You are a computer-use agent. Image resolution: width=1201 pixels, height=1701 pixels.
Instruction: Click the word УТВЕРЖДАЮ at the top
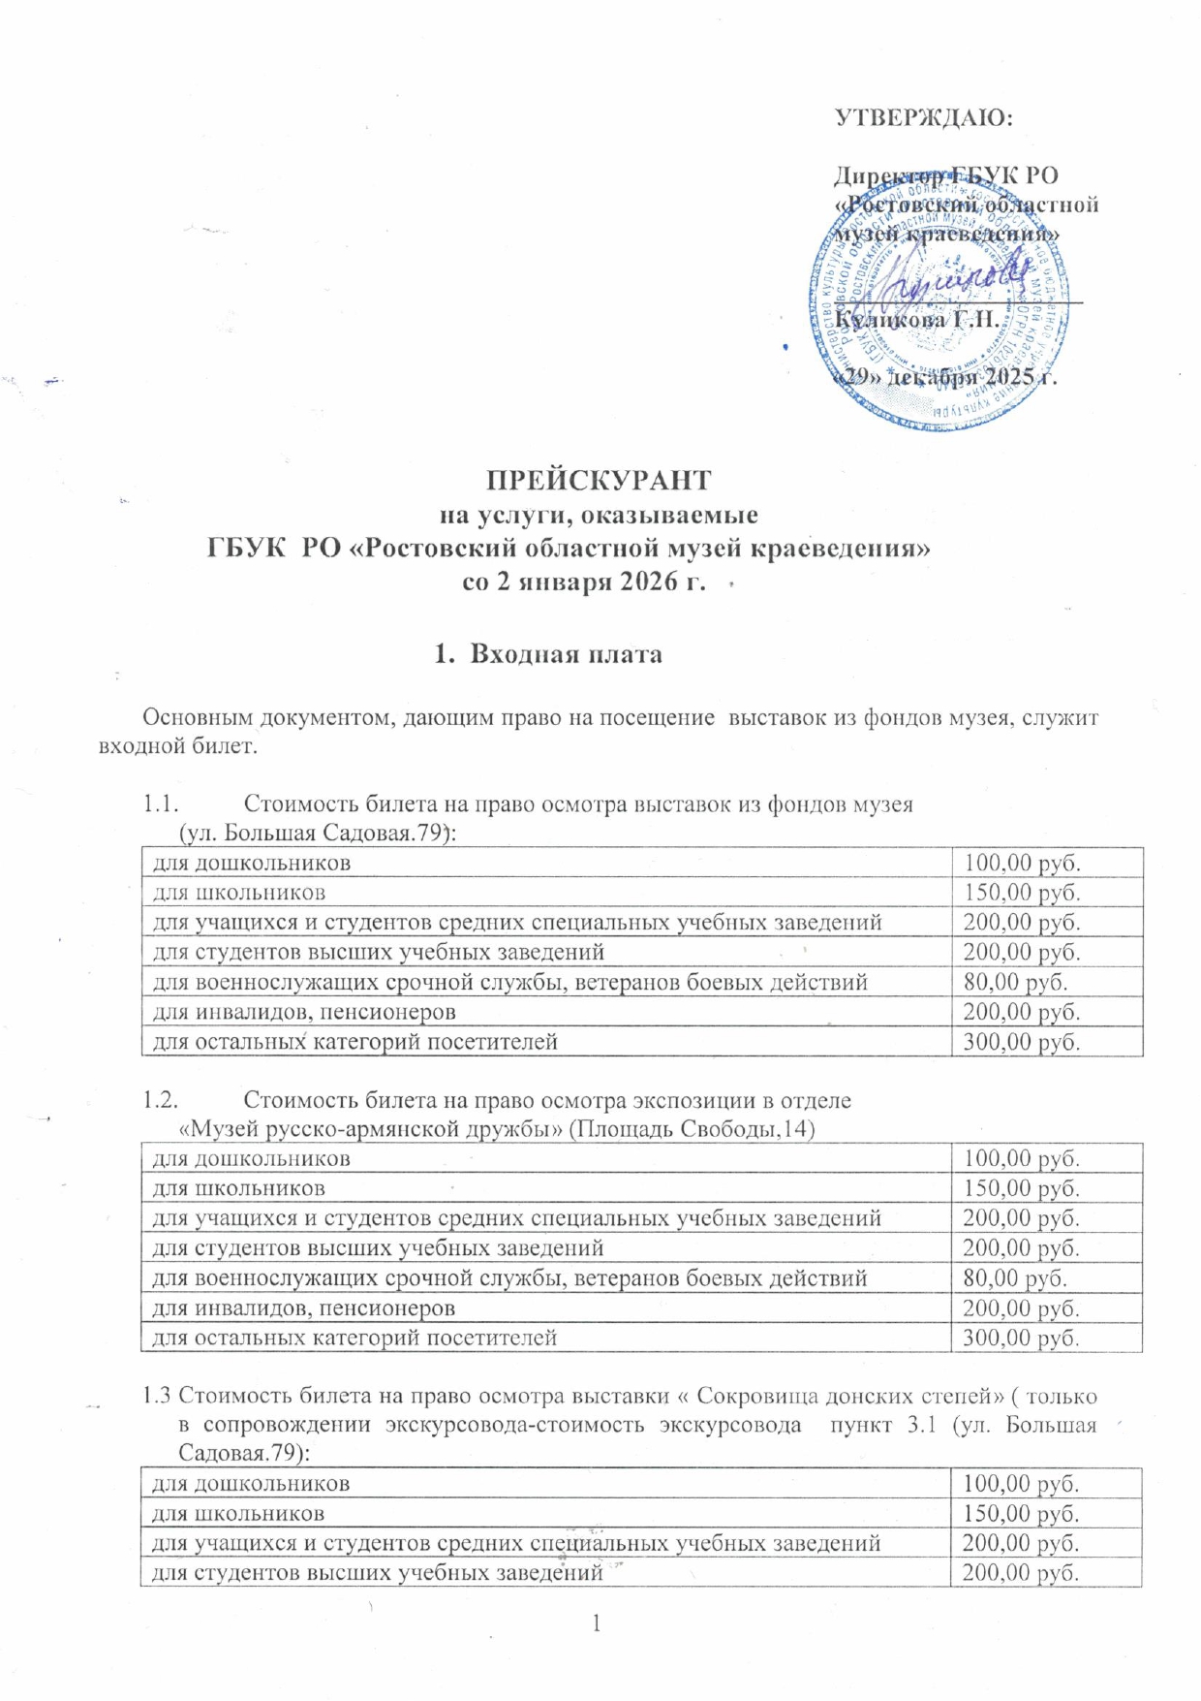pos(923,117)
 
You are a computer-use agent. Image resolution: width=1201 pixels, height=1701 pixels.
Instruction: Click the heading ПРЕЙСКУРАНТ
pos(599,481)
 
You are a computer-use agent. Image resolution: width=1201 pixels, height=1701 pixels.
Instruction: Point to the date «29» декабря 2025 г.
pos(944,377)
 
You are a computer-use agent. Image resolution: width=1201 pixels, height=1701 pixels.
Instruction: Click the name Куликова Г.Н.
pos(915,319)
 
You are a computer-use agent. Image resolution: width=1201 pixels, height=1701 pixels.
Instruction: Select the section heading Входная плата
pos(566,654)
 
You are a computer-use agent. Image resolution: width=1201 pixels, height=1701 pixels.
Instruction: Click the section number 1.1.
pos(162,803)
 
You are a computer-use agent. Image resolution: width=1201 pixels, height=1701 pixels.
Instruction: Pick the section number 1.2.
pos(162,1100)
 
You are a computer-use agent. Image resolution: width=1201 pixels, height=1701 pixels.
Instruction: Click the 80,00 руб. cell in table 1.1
pos(1014,983)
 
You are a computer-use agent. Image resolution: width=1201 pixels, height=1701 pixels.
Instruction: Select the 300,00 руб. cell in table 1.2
pos(1020,1339)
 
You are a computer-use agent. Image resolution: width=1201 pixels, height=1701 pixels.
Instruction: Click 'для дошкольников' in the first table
pos(252,863)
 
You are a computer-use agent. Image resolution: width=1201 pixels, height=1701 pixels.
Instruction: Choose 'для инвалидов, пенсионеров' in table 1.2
pos(303,1308)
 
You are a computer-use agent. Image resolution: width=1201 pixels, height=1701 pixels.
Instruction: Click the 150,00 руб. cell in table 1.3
pos(1020,1514)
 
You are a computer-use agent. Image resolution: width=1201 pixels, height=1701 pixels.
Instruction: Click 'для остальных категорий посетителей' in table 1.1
pos(354,1042)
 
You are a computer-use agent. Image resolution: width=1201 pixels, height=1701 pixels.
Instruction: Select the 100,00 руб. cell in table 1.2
pos(1020,1158)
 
